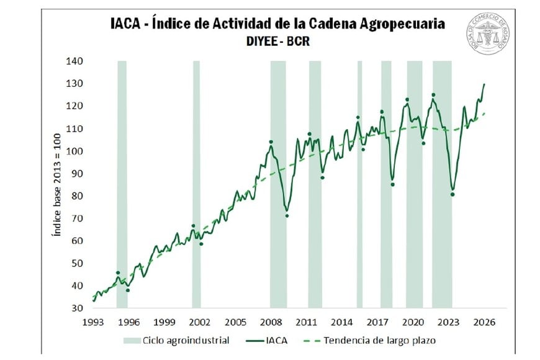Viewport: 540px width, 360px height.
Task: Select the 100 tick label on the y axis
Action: pos(74,151)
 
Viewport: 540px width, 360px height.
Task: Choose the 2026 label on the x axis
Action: pos(484,323)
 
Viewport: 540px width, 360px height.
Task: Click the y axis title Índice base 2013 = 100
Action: pos(55,185)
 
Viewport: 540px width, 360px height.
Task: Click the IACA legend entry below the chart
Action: pos(267,340)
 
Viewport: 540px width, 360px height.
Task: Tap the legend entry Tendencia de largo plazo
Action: pos(364,340)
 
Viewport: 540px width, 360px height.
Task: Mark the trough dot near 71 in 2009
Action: pos(287,216)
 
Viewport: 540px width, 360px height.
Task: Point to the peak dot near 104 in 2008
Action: pos(271,142)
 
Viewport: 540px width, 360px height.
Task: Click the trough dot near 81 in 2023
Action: pos(452,194)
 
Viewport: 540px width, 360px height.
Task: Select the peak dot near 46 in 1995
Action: pos(118,273)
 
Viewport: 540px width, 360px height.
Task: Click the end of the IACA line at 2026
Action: pos(484,84)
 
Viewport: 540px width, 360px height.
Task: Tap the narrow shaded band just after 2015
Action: pos(359,184)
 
